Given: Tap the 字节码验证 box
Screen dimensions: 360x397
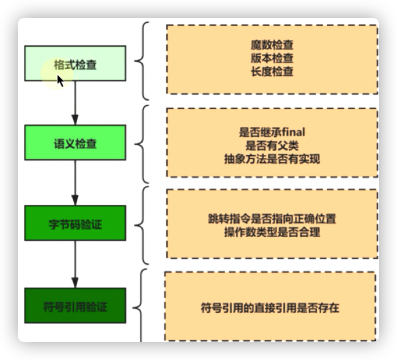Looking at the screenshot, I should tap(75, 223).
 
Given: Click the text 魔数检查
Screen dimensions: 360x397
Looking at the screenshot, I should tap(272, 46).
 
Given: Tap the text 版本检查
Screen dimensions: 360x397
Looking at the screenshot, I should tap(272, 58).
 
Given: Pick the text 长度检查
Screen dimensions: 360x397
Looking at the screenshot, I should tap(272, 71).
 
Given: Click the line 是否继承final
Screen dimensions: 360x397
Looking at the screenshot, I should tap(272, 133).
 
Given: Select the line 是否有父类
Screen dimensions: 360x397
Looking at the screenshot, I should tap(272, 146).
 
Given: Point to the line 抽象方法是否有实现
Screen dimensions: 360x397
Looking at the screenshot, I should tap(272, 158).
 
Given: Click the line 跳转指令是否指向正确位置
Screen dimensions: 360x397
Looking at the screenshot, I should tap(272, 219).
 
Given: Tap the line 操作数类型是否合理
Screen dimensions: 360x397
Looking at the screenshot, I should tap(272, 233).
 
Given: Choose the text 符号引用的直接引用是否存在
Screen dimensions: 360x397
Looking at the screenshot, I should tap(270, 306).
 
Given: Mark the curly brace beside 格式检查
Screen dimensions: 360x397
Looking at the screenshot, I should tap(141, 61).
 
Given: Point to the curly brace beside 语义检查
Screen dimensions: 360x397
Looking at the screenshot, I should tap(141, 144).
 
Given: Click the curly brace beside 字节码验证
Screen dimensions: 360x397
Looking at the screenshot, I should tap(141, 226).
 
